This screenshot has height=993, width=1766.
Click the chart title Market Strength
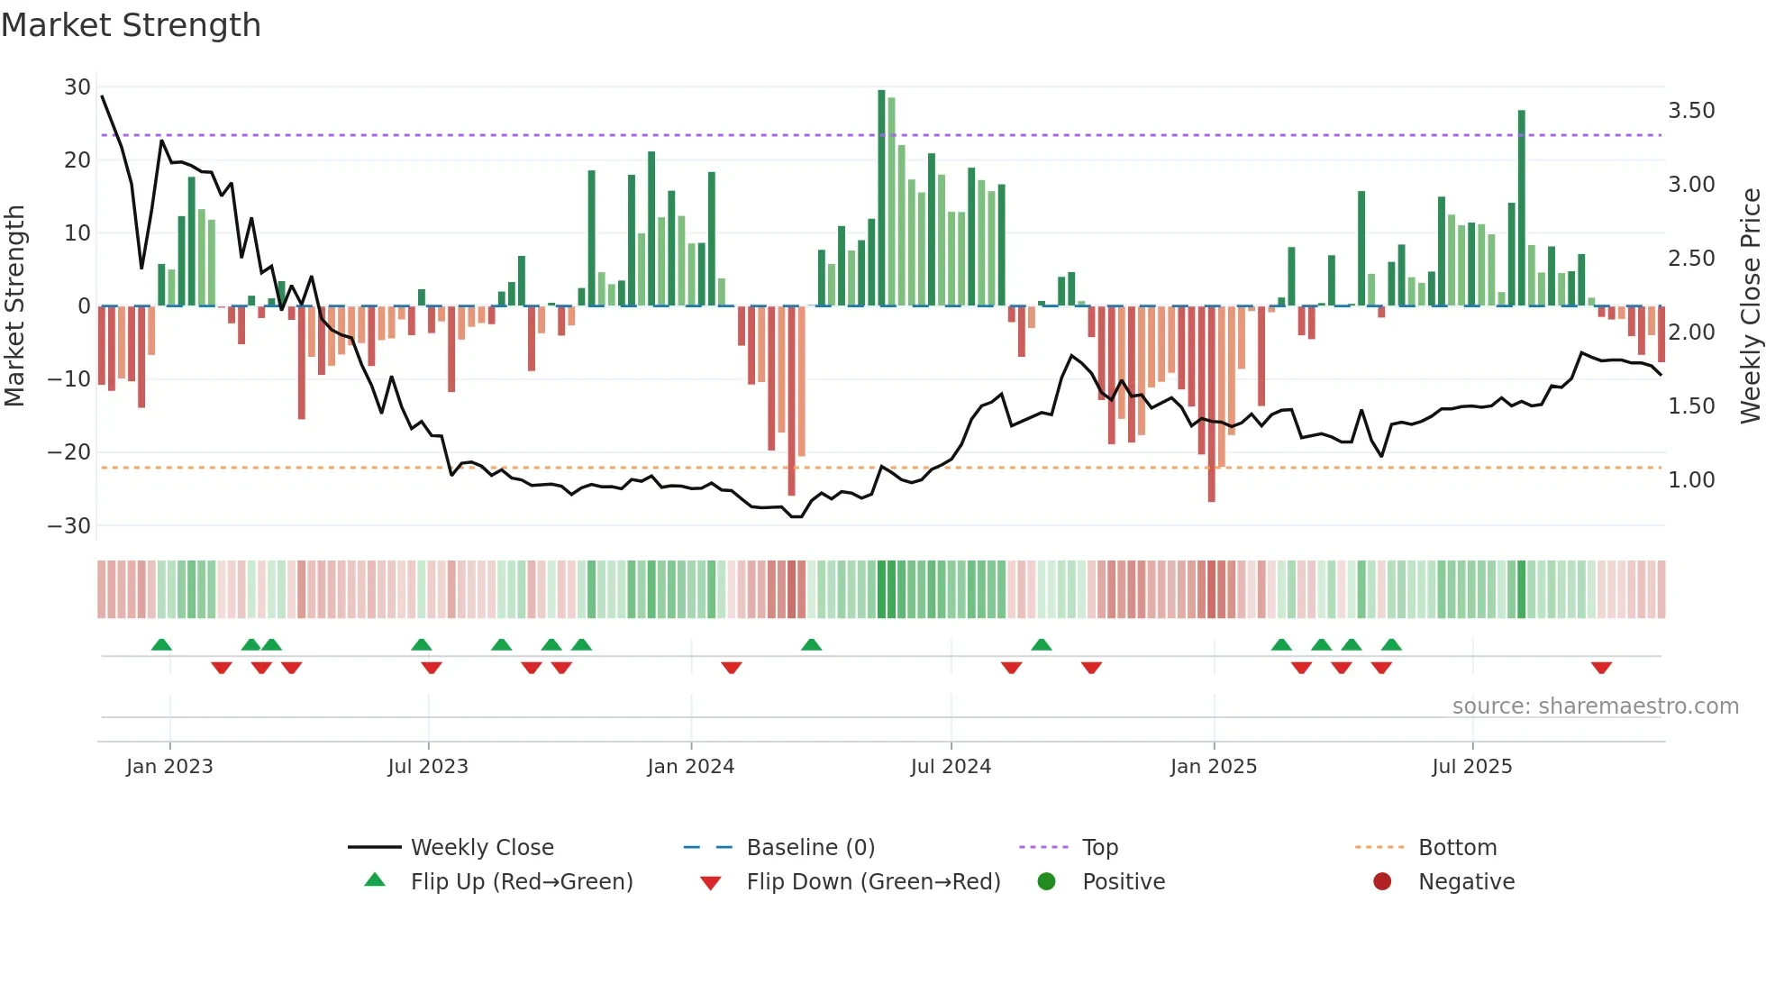tap(131, 25)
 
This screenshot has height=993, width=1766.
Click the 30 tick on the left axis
tap(77, 87)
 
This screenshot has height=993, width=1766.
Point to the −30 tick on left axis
tap(70, 525)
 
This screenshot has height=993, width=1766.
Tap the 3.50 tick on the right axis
tap(1691, 111)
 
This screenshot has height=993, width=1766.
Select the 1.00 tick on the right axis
tap(1691, 480)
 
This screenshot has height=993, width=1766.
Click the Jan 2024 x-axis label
tap(690, 767)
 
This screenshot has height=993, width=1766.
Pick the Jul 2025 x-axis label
tap(1471, 767)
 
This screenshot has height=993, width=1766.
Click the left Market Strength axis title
tap(15, 306)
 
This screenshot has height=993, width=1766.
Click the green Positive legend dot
tap(1046, 881)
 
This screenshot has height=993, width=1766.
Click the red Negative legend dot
tap(1382, 881)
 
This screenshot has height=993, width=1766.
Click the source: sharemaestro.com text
tap(1595, 706)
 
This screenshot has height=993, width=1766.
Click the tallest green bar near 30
tap(881, 198)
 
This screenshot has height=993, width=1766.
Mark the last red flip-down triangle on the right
tap(1601, 668)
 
